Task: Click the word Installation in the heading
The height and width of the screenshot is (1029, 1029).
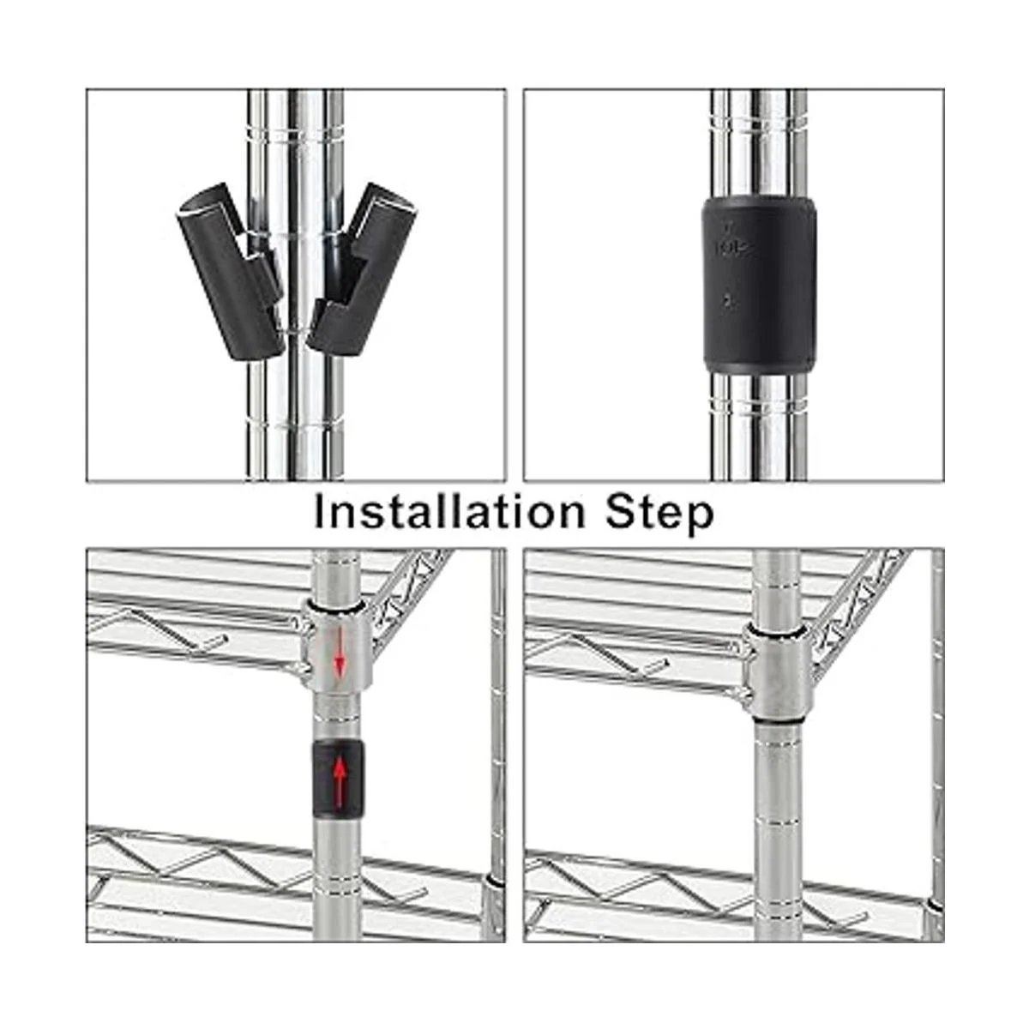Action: click(x=449, y=512)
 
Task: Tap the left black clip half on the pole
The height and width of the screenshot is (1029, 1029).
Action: click(x=231, y=271)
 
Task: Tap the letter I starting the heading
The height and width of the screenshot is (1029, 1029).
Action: click(x=319, y=512)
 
